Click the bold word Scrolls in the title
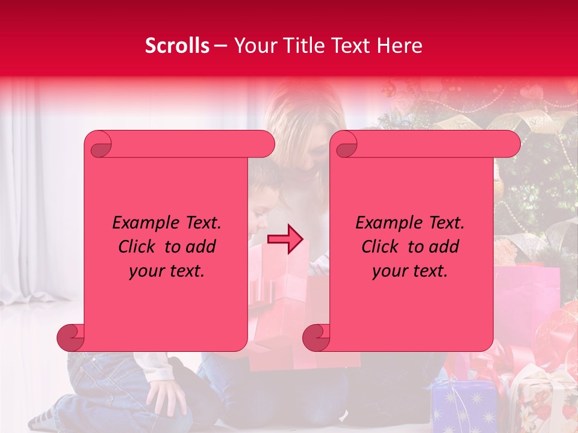[177, 46]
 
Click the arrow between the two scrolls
[285, 239]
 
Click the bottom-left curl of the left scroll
[71, 338]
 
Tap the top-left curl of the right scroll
[346, 145]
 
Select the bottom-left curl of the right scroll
[317, 338]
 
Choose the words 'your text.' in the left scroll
[167, 271]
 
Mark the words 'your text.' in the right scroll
[410, 271]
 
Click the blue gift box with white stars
[464, 406]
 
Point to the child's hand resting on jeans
[166, 397]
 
